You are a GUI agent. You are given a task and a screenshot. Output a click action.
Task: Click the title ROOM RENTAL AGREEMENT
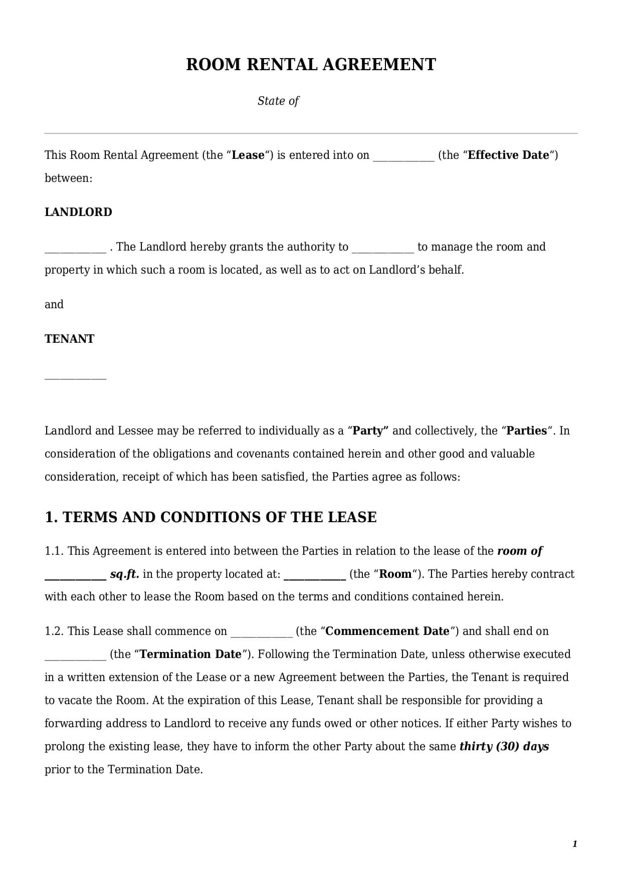coord(311,65)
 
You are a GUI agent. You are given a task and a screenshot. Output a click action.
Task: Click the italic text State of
coord(278,101)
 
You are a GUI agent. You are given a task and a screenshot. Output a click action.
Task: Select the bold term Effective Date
coord(508,155)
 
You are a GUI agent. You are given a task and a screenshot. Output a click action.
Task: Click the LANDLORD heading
coord(78,212)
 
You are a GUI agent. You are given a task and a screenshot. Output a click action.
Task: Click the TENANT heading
coord(69,339)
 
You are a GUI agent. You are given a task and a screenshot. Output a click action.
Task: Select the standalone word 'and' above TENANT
coord(54,304)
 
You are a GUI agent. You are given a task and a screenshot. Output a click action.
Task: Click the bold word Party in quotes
coord(371,430)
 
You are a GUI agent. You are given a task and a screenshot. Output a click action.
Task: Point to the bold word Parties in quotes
coord(527,430)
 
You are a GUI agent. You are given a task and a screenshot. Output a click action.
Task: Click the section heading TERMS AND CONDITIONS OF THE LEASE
coord(211,517)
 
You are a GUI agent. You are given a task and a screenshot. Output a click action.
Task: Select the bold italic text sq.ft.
coord(124,574)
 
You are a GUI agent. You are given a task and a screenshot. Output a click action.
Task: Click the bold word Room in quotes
coord(395,574)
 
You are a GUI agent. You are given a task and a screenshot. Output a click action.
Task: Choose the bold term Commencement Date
coord(387,631)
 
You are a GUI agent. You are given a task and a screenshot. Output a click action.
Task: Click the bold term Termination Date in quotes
coord(191,654)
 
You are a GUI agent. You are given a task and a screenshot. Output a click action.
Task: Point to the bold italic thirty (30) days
coord(504,746)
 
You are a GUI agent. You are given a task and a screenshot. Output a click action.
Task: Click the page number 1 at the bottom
coord(575,844)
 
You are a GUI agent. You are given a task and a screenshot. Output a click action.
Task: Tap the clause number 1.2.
coord(54,631)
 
